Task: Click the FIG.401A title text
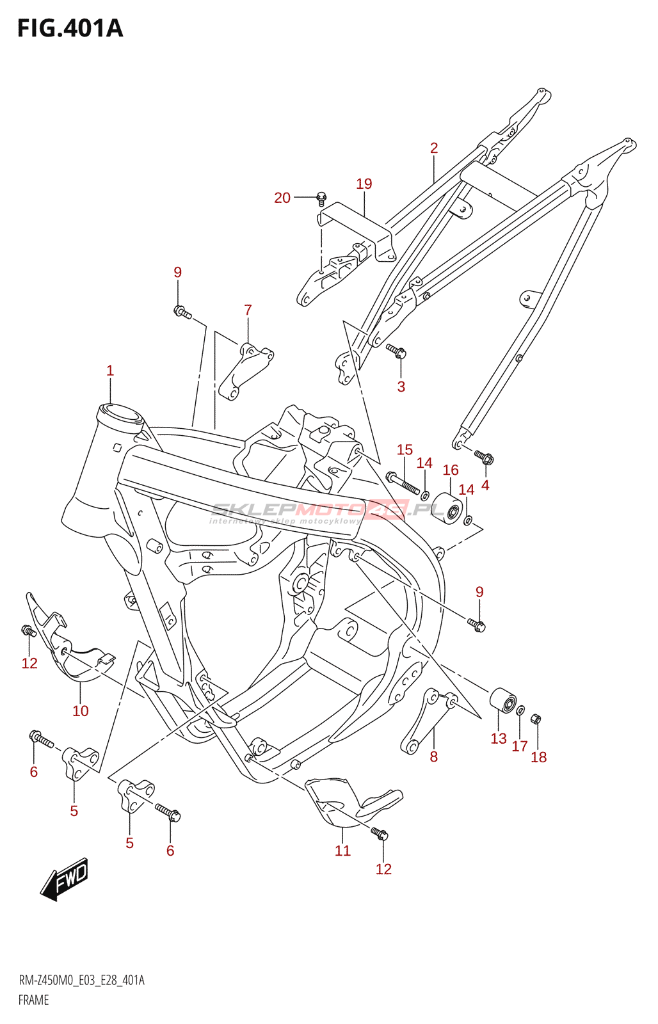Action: [x=70, y=29]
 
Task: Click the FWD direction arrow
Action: [x=65, y=879]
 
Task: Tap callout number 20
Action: [x=282, y=198]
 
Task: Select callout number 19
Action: [x=364, y=184]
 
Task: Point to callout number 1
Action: [x=110, y=371]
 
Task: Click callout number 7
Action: [x=248, y=310]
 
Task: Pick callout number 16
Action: [x=451, y=470]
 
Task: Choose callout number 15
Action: [x=405, y=450]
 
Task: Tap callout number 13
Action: [x=499, y=739]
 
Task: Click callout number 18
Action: [x=539, y=757]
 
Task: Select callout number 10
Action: [x=81, y=710]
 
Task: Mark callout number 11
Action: [x=343, y=851]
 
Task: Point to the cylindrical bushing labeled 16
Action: [x=447, y=508]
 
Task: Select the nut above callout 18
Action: [x=537, y=719]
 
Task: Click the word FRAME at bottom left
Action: [x=33, y=1000]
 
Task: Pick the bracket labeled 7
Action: [x=246, y=372]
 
